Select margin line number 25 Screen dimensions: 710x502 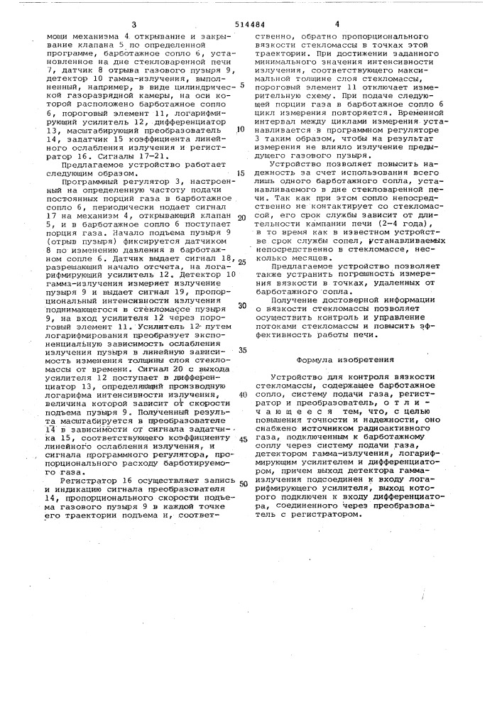(x=241, y=261)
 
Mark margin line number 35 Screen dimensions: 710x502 (x=241, y=350)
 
